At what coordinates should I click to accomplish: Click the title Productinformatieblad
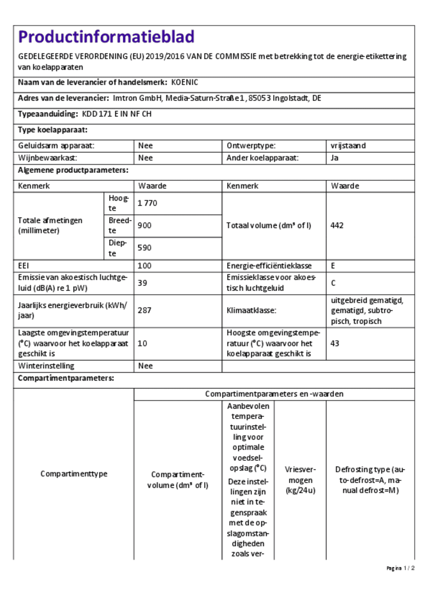[106, 37]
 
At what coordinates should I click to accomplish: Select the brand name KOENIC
[185, 83]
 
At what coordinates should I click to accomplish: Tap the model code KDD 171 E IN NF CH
[116, 114]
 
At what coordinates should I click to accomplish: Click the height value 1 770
[148, 203]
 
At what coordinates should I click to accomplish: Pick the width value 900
[144, 225]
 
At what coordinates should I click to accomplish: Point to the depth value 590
[144, 248]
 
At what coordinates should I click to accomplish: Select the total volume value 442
[337, 225]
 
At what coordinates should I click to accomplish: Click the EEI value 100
[144, 266]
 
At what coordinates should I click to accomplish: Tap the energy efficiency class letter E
[333, 266]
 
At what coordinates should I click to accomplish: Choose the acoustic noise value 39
[143, 283]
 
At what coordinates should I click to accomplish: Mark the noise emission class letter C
[333, 283]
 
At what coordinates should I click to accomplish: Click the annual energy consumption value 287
[144, 310]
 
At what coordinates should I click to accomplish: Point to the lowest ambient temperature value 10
[143, 344]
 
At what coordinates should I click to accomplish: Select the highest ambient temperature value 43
[335, 344]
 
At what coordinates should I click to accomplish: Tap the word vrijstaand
[348, 146]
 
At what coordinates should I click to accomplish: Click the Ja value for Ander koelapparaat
[335, 158]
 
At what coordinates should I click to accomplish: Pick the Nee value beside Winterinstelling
[145, 366]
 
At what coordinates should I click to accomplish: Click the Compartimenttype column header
[74, 474]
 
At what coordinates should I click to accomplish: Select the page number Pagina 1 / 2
[400, 568]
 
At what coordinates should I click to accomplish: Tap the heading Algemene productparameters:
[73, 170]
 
